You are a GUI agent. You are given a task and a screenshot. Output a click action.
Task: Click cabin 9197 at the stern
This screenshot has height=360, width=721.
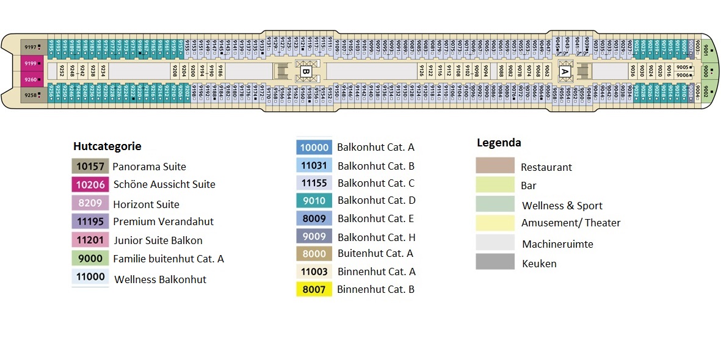pyautogui.click(x=31, y=46)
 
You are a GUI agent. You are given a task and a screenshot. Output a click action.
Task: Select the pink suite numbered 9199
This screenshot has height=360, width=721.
pyautogui.click(x=31, y=63)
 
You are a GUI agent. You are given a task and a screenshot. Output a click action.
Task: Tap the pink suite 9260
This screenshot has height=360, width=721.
pyautogui.click(x=31, y=79)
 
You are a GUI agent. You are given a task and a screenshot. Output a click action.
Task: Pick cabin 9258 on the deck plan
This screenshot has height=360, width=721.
pyautogui.click(x=31, y=96)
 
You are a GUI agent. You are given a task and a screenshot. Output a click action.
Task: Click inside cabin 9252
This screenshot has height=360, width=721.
pyautogui.click(x=62, y=71)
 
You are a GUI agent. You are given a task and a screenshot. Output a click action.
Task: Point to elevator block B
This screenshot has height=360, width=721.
pyautogui.click(x=306, y=71)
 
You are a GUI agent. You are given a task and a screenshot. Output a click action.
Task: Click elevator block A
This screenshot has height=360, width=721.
pyautogui.click(x=565, y=71)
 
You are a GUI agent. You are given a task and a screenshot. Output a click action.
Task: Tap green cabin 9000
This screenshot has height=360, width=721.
pyautogui.click(x=706, y=71)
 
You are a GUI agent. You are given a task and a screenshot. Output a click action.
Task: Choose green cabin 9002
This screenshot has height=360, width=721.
pyautogui.click(x=706, y=92)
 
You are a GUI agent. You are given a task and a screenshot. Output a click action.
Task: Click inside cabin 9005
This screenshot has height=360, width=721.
pyautogui.click(x=684, y=67)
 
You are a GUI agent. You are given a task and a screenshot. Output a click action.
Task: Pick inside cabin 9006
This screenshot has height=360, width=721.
pyautogui.click(x=684, y=75)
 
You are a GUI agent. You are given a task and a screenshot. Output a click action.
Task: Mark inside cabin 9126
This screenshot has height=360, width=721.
pyautogui.click(x=421, y=71)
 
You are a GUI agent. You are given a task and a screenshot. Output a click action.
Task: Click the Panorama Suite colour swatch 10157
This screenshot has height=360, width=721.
pyautogui.click(x=90, y=166)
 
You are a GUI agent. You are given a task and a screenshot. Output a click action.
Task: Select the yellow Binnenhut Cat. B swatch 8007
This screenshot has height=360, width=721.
pyautogui.click(x=314, y=289)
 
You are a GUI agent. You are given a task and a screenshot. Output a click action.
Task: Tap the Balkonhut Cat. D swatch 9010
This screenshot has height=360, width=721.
pyautogui.click(x=314, y=200)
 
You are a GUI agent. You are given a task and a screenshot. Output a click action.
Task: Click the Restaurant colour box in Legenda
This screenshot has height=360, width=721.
pyautogui.click(x=495, y=165)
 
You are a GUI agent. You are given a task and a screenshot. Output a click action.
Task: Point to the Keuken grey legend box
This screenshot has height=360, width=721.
pyautogui.click(x=495, y=262)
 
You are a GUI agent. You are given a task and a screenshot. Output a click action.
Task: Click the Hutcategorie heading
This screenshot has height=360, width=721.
pyautogui.click(x=107, y=146)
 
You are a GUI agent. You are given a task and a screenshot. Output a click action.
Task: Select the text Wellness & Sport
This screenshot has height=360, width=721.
pyautogui.click(x=562, y=206)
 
